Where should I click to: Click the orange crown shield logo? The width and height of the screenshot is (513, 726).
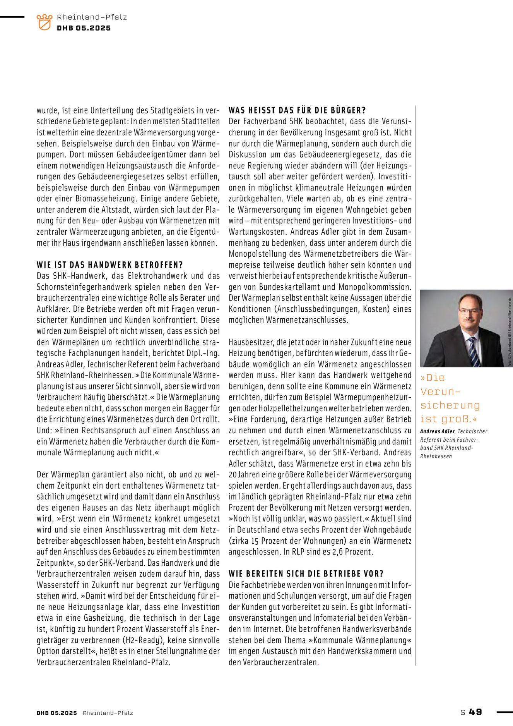tap(44, 22)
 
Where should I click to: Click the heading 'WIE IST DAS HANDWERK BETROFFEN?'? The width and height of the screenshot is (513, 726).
tap(110, 265)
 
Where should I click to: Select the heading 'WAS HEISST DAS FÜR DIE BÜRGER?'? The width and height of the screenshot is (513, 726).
tap(297, 110)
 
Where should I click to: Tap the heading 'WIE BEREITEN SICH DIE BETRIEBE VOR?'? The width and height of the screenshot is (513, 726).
tap(306, 574)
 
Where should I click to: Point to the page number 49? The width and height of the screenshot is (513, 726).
tap(475, 712)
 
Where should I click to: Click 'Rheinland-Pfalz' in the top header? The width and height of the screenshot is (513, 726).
tap(92, 17)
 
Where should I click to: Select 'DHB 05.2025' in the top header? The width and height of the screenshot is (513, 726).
tap(84, 28)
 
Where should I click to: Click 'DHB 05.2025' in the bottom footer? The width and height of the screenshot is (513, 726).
tap(57, 713)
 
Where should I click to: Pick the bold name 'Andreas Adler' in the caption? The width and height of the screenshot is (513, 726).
tap(438, 431)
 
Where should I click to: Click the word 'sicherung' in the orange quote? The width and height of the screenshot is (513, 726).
tap(450, 405)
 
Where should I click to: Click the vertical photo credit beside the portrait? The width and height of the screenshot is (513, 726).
tap(510, 332)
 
